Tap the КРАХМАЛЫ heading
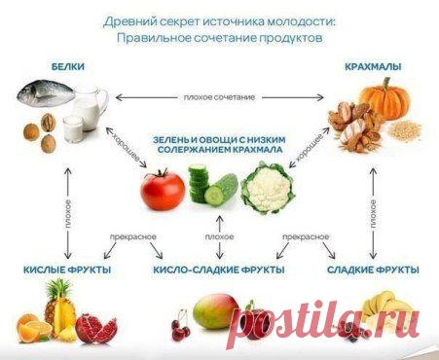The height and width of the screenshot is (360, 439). click(x=374, y=67)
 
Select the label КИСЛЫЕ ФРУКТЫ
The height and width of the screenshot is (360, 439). click(x=65, y=269)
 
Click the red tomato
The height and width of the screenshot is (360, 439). click(x=162, y=190)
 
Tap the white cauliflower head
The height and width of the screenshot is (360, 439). click(x=267, y=188)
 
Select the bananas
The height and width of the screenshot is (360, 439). click(x=384, y=311)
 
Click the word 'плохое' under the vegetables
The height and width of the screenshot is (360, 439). click(x=220, y=236)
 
